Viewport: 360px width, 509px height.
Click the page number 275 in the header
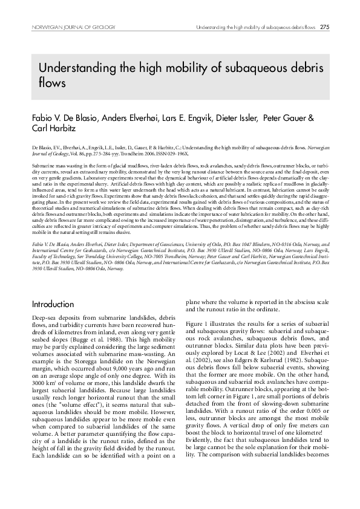[x=325, y=27]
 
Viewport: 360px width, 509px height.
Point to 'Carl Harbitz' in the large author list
[x=56, y=128]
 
